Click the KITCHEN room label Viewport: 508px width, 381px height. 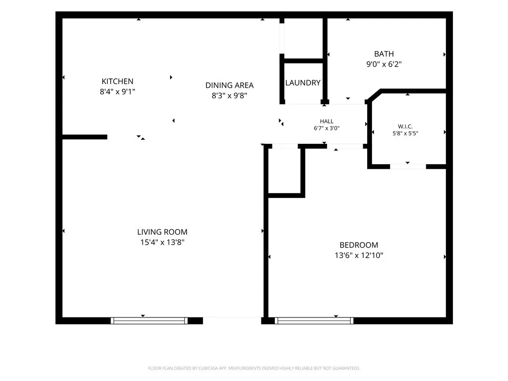coord(117,81)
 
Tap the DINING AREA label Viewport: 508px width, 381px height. coord(229,85)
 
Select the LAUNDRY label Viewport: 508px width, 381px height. coord(303,83)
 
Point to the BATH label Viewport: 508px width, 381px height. coord(384,54)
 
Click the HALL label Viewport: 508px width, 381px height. coord(326,121)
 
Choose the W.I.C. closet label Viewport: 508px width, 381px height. coord(405,127)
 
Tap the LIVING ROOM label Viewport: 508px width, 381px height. coord(162,232)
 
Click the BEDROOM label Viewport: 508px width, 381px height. coord(359,245)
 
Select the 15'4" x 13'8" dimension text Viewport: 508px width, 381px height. coord(162,242)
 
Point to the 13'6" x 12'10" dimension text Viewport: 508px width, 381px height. coord(359,255)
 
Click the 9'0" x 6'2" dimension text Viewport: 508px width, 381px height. coord(384,64)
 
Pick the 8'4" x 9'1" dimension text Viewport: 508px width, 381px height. coord(117,92)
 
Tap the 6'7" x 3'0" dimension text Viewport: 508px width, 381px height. coord(326,128)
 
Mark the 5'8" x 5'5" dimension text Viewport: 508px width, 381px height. coord(405,133)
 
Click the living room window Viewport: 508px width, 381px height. coord(149,321)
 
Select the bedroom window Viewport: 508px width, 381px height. coord(314,321)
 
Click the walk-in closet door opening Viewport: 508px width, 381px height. coord(408,167)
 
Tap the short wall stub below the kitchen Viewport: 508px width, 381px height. coord(84,137)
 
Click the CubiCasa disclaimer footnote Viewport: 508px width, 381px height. coord(254,369)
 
